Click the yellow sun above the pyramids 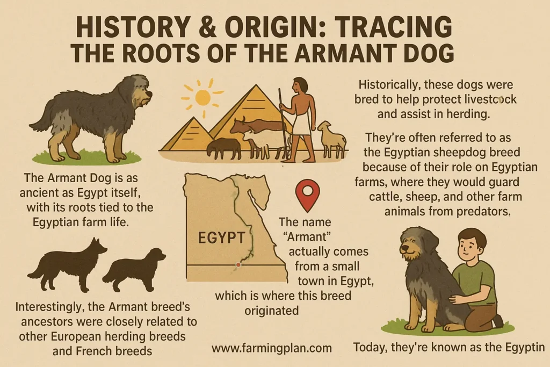[x=202, y=97]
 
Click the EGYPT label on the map [x=221, y=237]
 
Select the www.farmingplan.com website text [x=271, y=348]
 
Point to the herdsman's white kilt [x=302, y=123]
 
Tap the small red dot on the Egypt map [x=238, y=265]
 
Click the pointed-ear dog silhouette [x=69, y=264]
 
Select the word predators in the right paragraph [x=480, y=211]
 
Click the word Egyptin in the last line [x=523, y=347]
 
